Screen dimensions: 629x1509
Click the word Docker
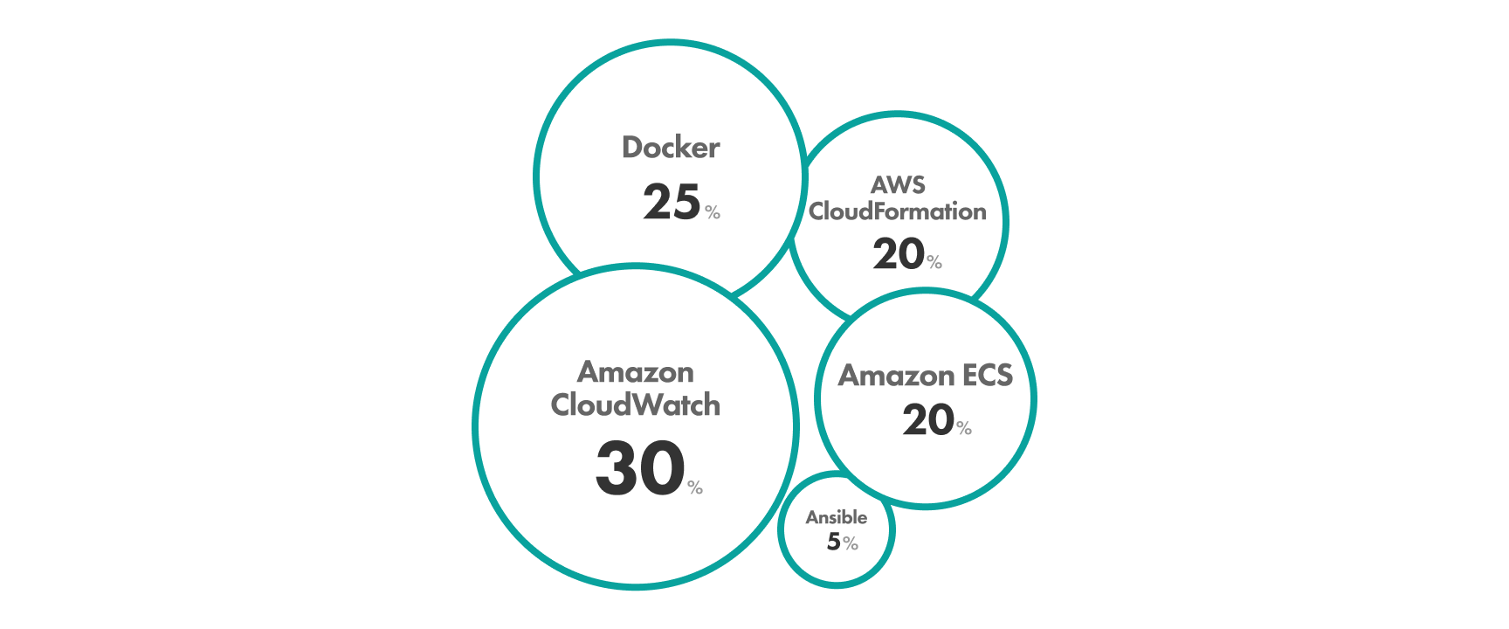point(671,148)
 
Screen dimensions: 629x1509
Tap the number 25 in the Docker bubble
point(672,202)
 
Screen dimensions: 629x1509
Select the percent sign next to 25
point(713,212)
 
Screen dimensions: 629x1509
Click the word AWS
point(898,185)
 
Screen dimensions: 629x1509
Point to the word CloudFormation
point(898,211)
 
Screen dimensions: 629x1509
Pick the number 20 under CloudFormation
point(899,254)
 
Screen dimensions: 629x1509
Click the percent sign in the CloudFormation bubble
point(934,262)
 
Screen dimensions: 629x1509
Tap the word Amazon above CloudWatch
point(636,372)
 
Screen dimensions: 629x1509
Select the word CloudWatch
point(636,405)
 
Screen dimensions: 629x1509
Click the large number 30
point(640,468)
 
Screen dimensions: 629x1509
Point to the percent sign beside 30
point(695,487)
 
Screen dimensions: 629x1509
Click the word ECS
point(988,376)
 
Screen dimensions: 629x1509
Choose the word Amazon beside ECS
point(896,376)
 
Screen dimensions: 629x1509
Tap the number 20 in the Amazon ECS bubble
point(928,420)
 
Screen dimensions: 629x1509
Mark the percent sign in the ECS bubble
point(964,428)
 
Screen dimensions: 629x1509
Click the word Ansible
point(837,517)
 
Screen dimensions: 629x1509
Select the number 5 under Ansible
point(834,542)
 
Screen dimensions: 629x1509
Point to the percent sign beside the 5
point(851,544)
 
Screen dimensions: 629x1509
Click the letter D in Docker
point(632,148)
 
